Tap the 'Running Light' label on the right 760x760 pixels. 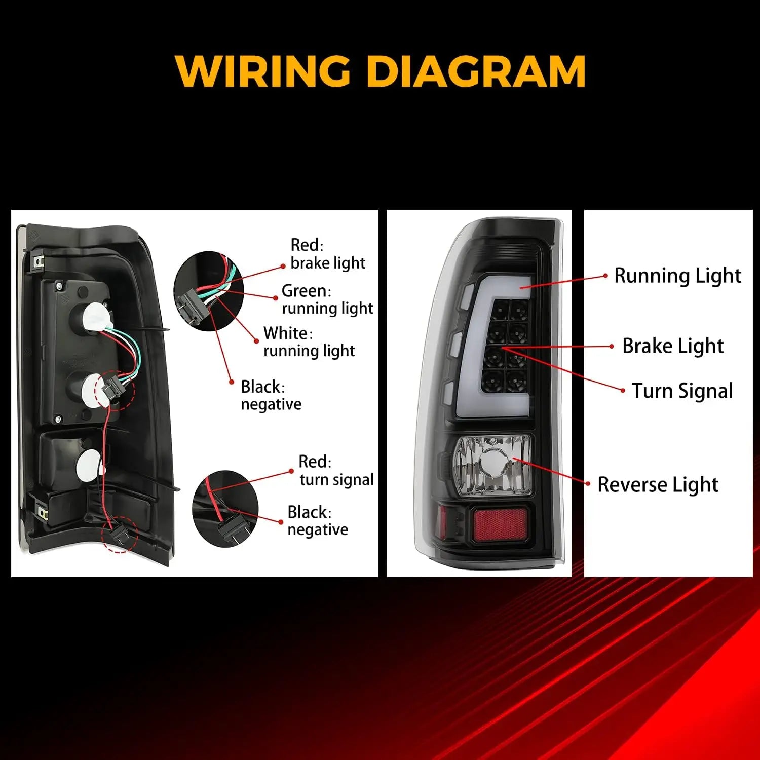click(x=677, y=276)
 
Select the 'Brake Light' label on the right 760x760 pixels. click(x=672, y=346)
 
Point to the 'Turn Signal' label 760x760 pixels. click(x=682, y=391)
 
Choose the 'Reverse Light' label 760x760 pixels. click(x=658, y=485)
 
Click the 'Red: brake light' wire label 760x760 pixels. click(x=328, y=254)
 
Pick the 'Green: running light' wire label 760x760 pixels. click(x=327, y=299)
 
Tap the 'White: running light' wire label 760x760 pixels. click(x=309, y=342)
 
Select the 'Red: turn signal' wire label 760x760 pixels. click(x=336, y=470)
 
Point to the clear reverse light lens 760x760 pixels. click(x=493, y=465)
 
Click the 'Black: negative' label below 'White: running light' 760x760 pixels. click(x=271, y=396)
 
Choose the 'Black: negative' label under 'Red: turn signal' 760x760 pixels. click(x=318, y=521)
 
